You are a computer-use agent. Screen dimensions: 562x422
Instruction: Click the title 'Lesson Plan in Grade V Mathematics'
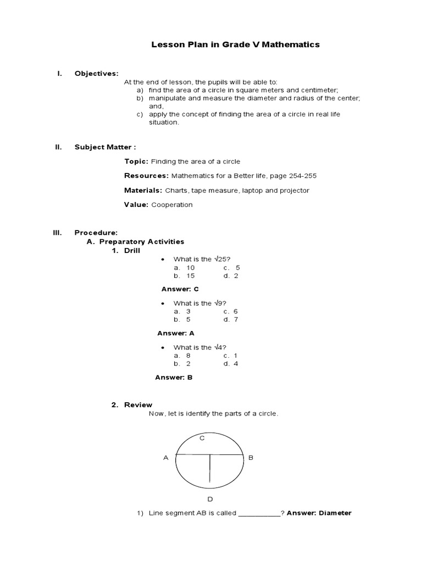pyautogui.click(x=235, y=44)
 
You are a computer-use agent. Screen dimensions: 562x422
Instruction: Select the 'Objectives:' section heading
pyautogui.click(x=96, y=73)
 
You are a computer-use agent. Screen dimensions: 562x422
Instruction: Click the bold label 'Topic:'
pyautogui.click(x=136, y=161)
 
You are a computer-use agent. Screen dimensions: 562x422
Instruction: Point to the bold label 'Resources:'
pyautogui.click(x=146, y=176)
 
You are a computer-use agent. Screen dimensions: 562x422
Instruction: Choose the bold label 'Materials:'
pyautogui.click(x=143, y=190)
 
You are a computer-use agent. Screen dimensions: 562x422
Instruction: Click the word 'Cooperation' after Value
pyautogui.click(x=172, y=205)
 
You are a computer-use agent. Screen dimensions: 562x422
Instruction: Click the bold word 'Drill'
pyautogui.click(x=132, y=250)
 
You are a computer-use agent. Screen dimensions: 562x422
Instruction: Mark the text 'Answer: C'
pyautogui.click(x=180, y=289)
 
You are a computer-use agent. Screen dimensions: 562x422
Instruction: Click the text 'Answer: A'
pyautogui.click(x=176, y=333)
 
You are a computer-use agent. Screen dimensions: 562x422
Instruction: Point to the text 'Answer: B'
pyautogui.click(x=174, y=378)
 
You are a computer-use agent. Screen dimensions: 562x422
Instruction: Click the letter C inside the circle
pyautogui.click(x=202, y=438)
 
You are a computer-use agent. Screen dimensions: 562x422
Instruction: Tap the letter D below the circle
pyautogui.click(x=210, y=499)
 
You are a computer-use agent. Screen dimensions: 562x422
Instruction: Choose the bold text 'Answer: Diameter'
pyautogui.click(x=319, y=513)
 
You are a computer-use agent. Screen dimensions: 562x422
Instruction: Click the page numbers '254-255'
pyautogui.click(x=301, y=176)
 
